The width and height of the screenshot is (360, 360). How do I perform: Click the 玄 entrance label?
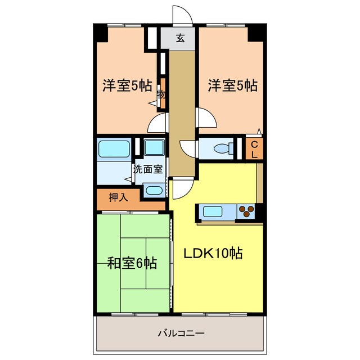[x=181, y=39]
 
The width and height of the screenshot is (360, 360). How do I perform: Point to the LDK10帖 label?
[x=214, y=253]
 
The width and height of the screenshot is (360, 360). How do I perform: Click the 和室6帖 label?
[x=132, y=262]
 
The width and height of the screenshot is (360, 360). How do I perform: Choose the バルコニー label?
[x=180, y=334]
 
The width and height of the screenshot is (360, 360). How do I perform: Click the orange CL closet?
[x=254, y=149]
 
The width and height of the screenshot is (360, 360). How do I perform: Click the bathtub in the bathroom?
[x=114, y=149]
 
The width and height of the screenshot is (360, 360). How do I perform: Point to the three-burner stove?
[x=246, y=211]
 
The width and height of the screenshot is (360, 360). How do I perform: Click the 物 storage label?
[x=161, y=94]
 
